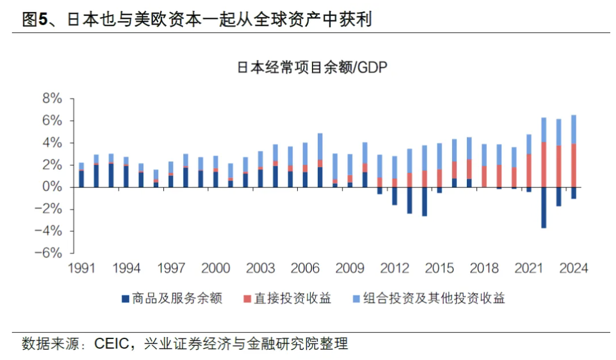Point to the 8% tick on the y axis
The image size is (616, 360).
(x=52, y=99)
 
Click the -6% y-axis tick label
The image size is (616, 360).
(x=49, y=253)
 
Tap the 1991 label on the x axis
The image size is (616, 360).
(x=81, y=268)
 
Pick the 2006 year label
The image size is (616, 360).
(x=306, y=268)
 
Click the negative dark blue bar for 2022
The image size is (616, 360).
(x=544, y=207)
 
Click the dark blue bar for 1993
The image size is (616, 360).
(x=111, y=175)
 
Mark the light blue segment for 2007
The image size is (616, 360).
(x=320, y=146)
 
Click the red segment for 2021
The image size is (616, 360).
(x=529, y=170)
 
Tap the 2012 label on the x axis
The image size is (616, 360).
(x=395, y=268)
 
